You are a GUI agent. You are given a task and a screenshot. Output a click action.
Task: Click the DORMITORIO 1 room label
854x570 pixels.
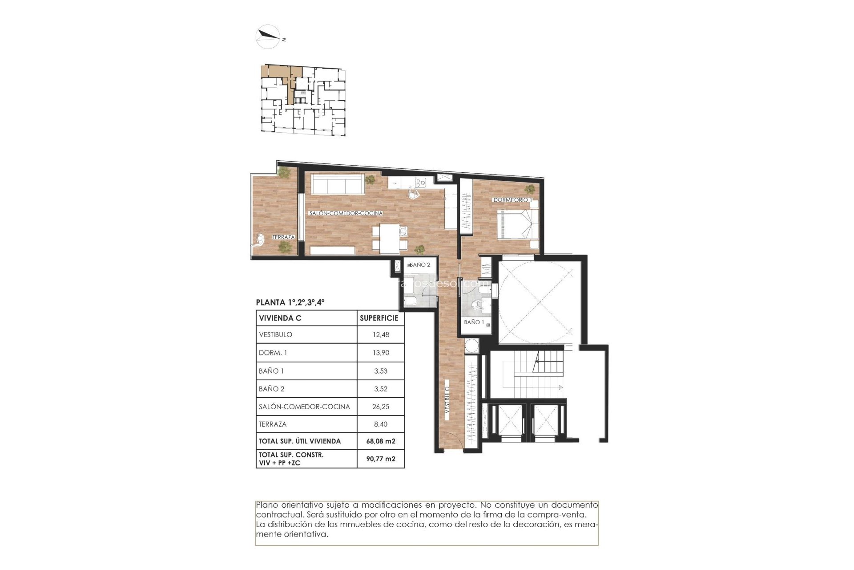click(512, 200)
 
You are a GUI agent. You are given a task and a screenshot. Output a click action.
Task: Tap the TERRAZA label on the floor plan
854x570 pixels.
click(283, 237)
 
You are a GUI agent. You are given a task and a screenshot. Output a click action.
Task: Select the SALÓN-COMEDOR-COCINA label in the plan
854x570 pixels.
click(346, 213)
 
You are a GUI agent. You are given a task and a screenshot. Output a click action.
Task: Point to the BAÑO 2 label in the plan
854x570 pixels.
click(419, 265)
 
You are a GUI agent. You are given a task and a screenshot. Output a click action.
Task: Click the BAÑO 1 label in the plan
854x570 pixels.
click(474, 322)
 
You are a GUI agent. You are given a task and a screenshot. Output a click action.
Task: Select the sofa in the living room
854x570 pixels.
click(338, 184)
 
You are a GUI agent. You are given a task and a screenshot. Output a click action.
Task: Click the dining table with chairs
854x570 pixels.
click(389, 238)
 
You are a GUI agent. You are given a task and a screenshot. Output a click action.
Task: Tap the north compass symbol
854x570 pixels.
click(268, 36)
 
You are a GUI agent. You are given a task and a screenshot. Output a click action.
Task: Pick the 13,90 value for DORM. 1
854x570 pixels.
click(381, 353)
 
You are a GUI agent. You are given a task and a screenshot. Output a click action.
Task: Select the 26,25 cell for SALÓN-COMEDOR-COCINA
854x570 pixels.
click(381, 407)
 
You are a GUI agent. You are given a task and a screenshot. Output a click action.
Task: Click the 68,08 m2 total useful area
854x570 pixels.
click(381, 441)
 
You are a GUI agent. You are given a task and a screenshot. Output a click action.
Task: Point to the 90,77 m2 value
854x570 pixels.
click(381, 459)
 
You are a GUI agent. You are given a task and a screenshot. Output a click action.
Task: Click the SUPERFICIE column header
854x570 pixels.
click(379, 318)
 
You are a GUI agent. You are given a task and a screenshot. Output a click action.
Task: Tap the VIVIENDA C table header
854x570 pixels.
click(280, 318)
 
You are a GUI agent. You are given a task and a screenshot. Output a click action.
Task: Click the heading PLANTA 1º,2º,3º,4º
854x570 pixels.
click(290, 302)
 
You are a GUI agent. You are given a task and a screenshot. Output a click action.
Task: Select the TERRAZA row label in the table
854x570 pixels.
click(273, 424)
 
